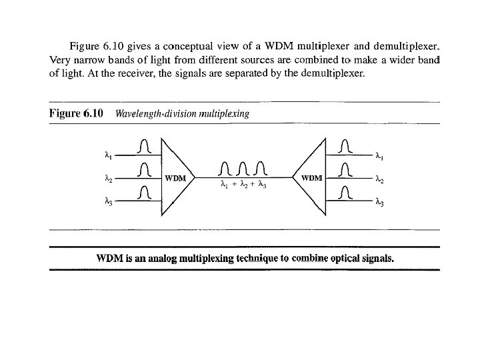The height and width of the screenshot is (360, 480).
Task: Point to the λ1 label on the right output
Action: (x=379, y=157)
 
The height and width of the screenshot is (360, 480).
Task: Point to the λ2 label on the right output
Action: (x=379, y=179)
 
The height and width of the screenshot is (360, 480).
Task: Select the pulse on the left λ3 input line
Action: (x=145, y=192)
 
